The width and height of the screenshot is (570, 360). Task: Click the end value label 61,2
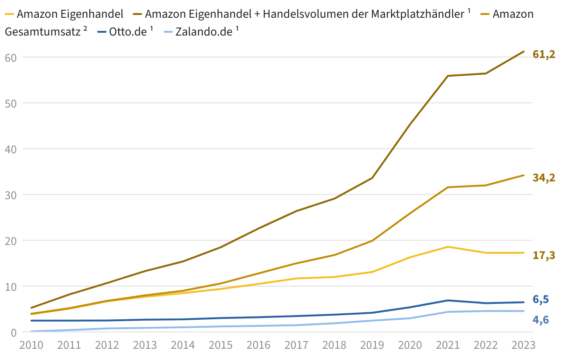click(x=544, y=55)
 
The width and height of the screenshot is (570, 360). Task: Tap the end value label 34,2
click(x=544, y=178)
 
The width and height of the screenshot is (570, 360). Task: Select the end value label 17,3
click(x=544, y=255)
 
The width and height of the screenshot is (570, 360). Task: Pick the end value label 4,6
click(x=541, y=320)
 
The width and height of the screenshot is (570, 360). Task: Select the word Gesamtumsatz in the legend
click(x=43, y=32)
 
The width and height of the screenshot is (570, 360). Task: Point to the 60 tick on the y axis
click(x=11, y=58)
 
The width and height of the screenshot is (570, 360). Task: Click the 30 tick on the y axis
click(x=11, y=195)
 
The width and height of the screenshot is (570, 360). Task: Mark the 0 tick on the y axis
click(x=13, y=332)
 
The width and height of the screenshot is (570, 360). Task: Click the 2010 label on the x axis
click(x=31, y=346)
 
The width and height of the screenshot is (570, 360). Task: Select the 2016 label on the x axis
click(x=258, y=346)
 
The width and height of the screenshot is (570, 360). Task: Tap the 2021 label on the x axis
click(x=448, y=346)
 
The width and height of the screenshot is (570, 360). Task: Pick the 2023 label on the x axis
click(x=523, y=346)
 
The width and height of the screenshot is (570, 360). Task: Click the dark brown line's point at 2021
click(x=448, y=76)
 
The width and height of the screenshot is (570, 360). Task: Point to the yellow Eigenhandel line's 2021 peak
click(x=448, y=247)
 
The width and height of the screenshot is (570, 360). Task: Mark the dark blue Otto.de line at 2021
click(x=448, y=300)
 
